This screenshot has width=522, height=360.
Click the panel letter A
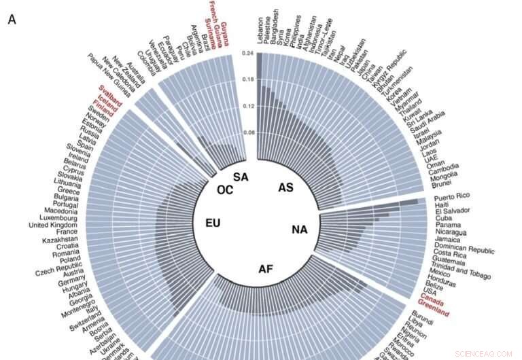12,20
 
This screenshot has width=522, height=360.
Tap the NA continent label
300,230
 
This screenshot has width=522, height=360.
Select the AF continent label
266,269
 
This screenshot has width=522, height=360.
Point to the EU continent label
213,223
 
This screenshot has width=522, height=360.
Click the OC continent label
225,190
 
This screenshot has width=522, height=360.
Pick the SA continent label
241,177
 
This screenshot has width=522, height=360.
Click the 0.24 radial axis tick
248,53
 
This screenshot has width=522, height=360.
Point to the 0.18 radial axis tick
248,79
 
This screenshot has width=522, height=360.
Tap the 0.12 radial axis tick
248,107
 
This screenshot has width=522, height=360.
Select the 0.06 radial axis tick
248,133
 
